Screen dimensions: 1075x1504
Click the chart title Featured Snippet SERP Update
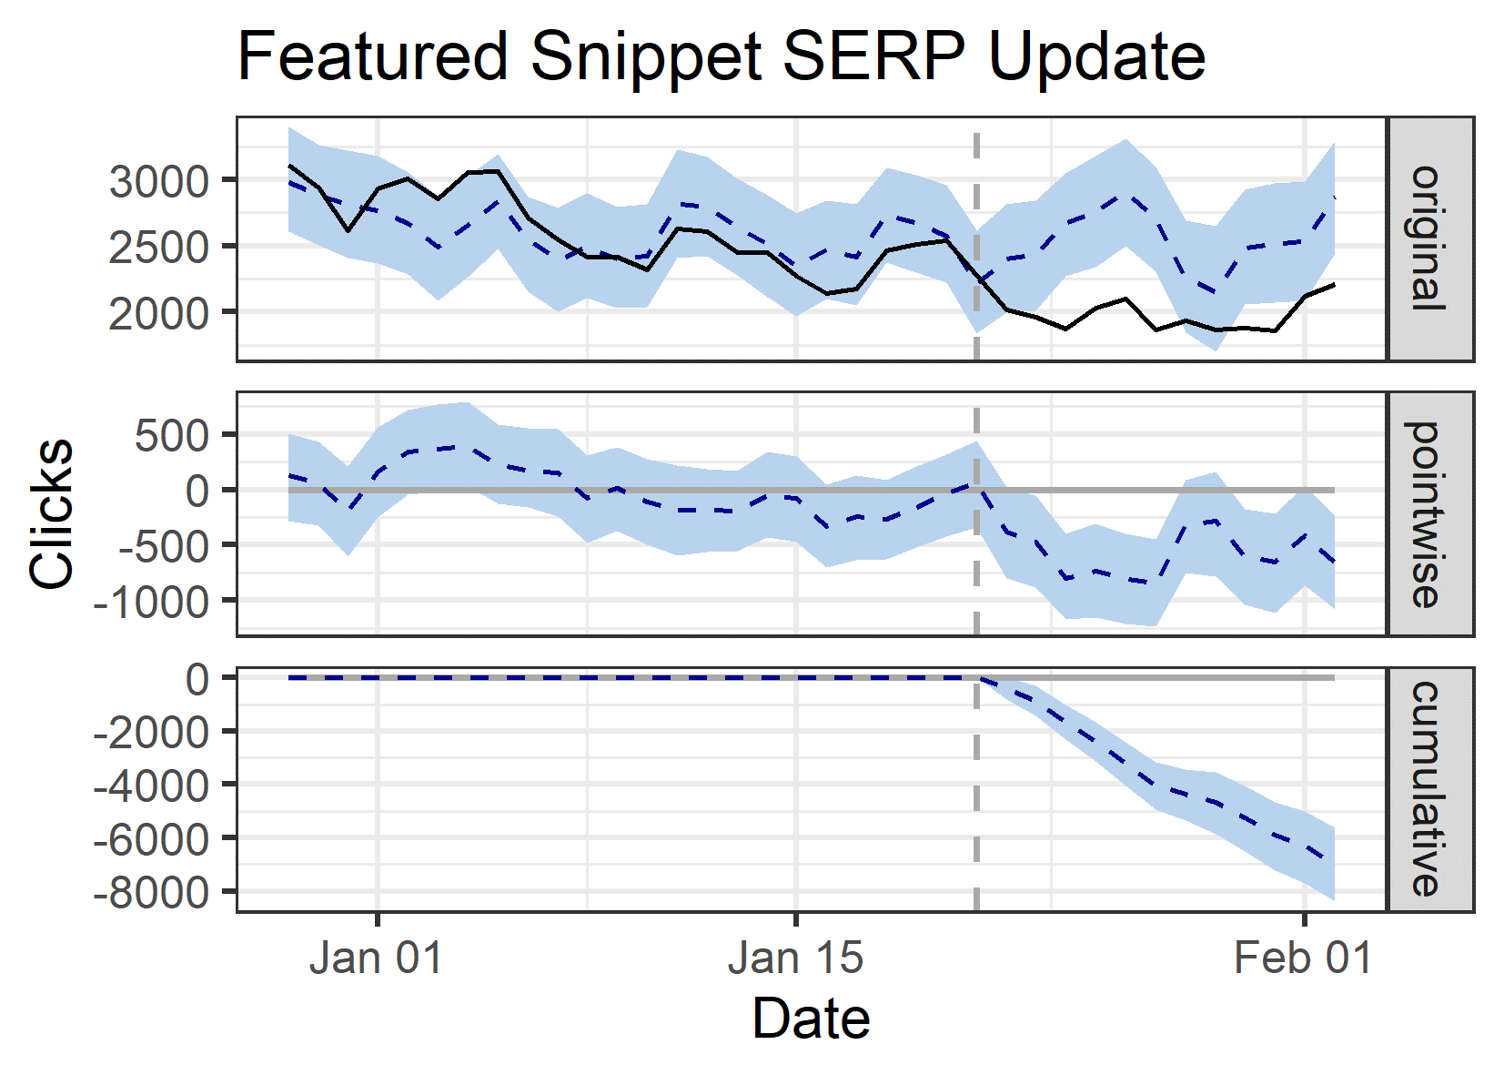click(721, 56)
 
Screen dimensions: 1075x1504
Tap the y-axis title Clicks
click(51, 513)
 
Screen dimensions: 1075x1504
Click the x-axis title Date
click(811, 1019)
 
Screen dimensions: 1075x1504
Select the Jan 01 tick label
click(376, 958)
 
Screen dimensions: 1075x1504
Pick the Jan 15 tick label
click(795, 958)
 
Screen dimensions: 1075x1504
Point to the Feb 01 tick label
click(1303, 958)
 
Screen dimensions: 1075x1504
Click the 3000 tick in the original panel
click(159, 181)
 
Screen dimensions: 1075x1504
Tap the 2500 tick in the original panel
click(159, 247)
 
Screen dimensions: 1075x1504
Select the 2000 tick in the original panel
click(159, 313)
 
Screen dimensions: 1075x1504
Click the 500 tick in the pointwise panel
click(173, 436)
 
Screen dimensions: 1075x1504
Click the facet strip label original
click(1428, 238)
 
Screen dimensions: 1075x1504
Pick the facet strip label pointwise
click(1428, 514)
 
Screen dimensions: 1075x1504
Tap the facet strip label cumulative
click(1428, 789)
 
